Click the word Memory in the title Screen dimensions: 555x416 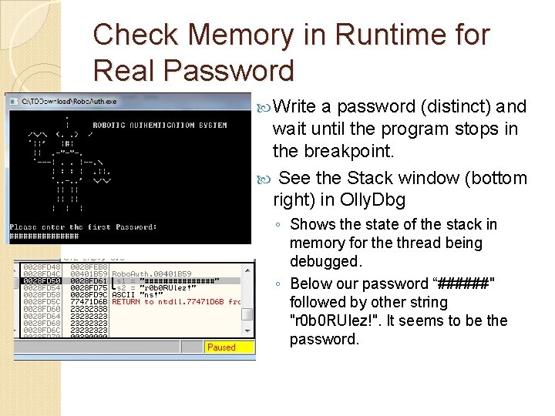pos(244,35)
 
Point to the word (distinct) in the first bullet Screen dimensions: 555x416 pos(455,106)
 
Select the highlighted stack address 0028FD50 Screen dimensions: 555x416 pos(42,280)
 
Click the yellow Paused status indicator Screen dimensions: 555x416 pos(221,347)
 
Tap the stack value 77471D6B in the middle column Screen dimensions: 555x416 pos(89,301)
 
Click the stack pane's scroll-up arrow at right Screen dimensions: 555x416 pos(247,268)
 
